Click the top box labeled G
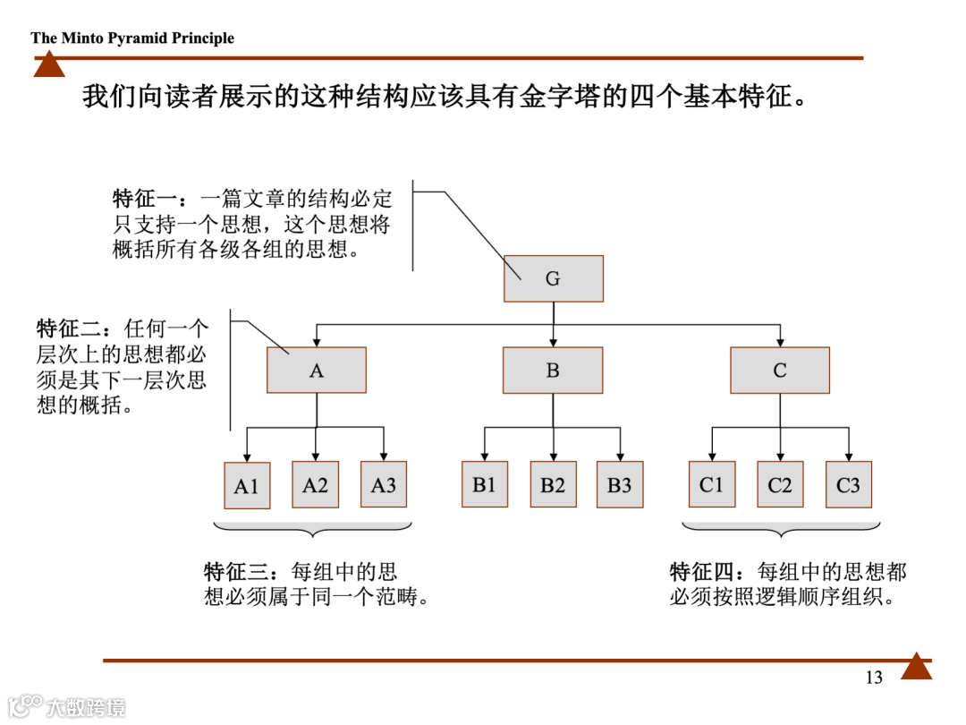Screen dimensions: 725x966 [553, 278]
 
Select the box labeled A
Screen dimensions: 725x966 [317, 370]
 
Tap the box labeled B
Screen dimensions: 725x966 [553, 370]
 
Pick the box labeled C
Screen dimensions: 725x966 [780, 370]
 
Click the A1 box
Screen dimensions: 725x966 [246, 486]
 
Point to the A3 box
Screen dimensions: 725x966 [384, 485]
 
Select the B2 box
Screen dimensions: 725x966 [553, 485]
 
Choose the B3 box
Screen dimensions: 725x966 [620, 485]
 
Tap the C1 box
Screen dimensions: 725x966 [712, 485]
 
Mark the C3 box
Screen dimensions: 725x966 [848, 485]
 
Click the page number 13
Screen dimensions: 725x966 [874, 678]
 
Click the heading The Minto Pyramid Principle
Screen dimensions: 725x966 [132, 38]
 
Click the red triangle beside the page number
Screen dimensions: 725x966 [916, 667]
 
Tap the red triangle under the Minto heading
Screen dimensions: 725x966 [49, 65]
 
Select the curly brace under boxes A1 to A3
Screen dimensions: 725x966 [312, 529]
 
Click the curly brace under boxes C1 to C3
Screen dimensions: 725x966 [780, 529]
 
